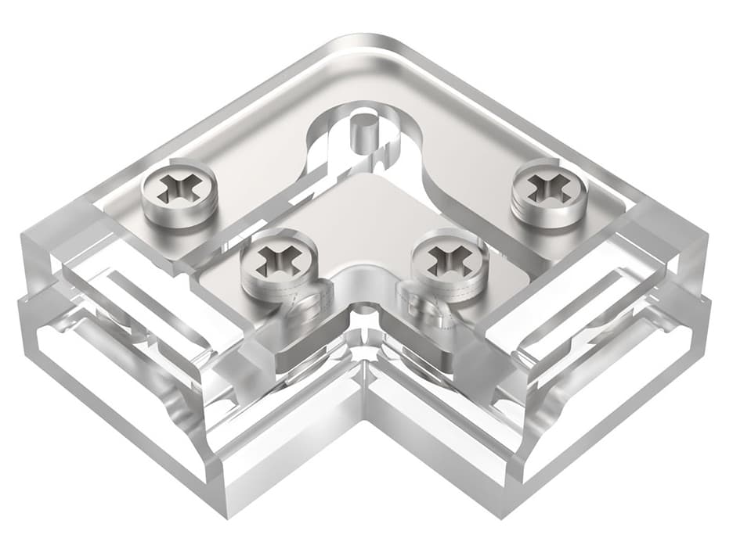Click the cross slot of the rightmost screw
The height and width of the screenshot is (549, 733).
coord(549,186)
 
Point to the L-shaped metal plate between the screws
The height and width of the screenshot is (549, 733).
coord(362,211)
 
